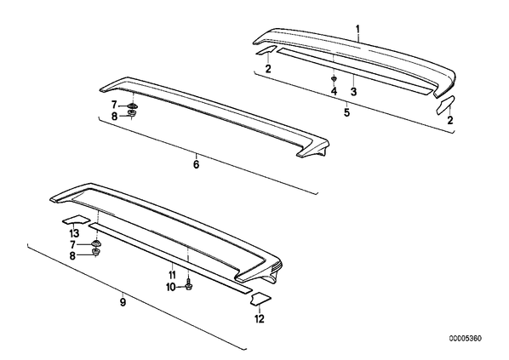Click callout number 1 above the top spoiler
(357, 30)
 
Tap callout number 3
(353, 92)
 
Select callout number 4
(334, 92)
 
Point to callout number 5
(347, 112)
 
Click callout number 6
(196, 164)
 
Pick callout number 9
(123, 302)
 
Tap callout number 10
(171, 287)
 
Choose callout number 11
(172, 275)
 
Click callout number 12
(260, 319)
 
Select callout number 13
(74, 233)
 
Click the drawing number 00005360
(466, 339)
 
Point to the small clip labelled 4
(334, 79)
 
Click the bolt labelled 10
(188, 286)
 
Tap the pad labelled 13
(76, 220)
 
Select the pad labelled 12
(261, 299)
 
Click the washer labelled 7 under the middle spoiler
(132, 106)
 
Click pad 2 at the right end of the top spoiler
(445, 105)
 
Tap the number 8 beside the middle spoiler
(114, 117)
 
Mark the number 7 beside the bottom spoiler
(72, 244)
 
